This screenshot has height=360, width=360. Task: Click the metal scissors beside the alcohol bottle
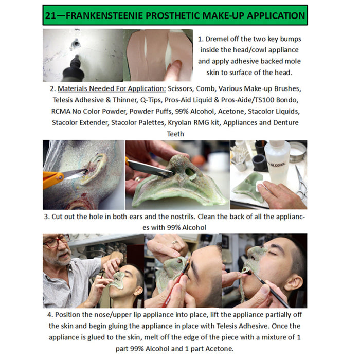click(301, 180)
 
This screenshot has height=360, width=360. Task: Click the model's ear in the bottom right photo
click(294, 281)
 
